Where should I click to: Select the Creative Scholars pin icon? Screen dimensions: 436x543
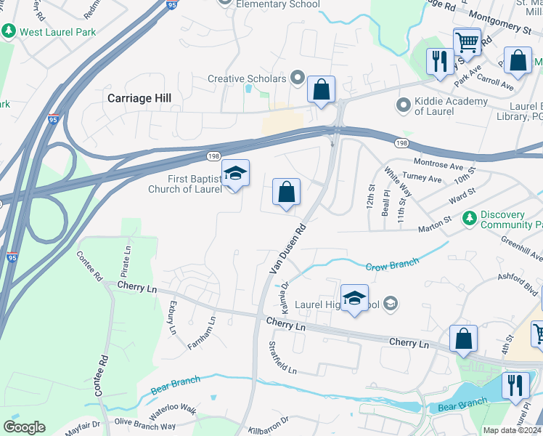point(297,77)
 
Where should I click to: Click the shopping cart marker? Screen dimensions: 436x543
point(467,41)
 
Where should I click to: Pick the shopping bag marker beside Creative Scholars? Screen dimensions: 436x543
point(321,90)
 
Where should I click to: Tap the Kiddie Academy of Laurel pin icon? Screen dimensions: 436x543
point(403,106)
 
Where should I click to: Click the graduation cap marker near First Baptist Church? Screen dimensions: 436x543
point(235,174)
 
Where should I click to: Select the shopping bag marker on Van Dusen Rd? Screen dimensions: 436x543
point(287,193)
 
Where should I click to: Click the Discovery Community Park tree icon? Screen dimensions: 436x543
point(470,217)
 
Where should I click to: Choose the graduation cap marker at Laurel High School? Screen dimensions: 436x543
point(354,298)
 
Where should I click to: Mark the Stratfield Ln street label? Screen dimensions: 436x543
point(282,358)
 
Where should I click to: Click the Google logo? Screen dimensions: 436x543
point(24,427)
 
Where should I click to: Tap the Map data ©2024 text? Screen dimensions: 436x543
point(513,430)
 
